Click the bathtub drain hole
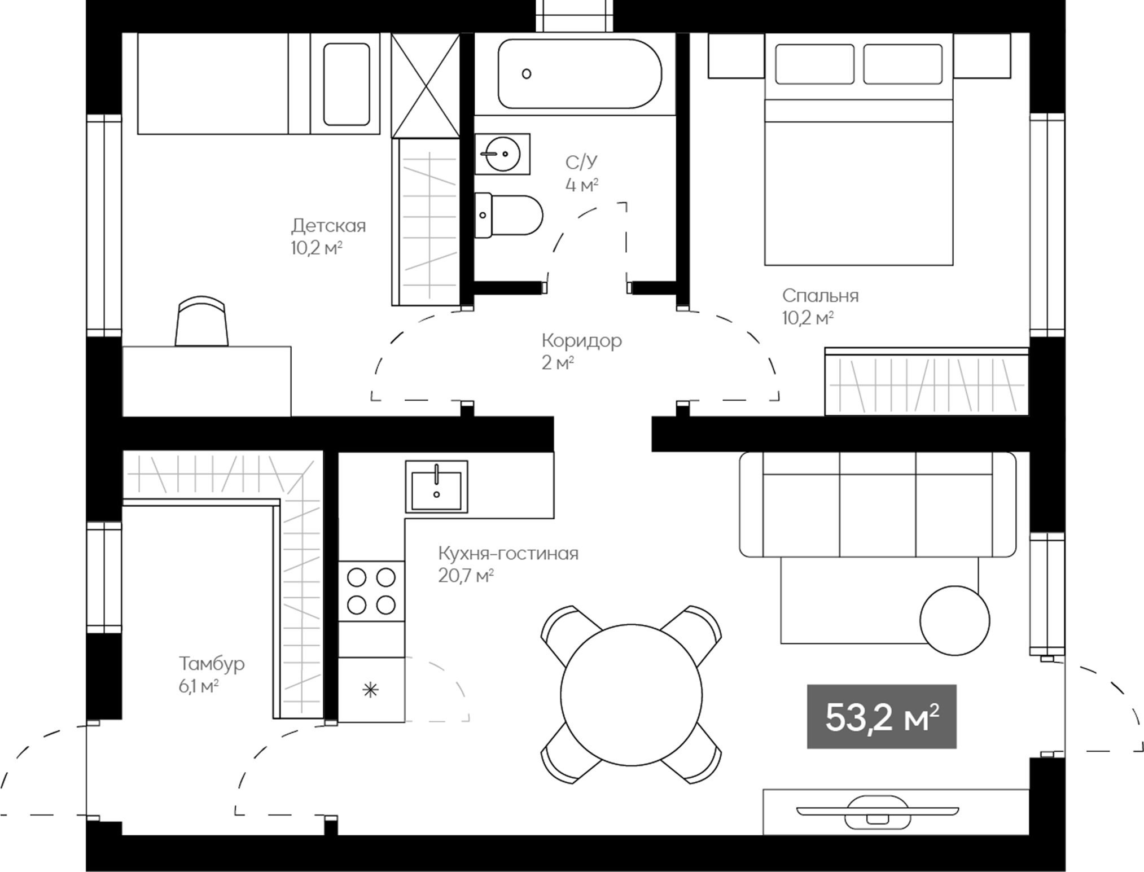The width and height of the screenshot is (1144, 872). [527, 74]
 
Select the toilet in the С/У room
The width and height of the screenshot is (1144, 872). [509, 215]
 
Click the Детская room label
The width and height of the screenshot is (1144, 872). [328, 226]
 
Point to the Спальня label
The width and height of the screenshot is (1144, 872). [820, 296]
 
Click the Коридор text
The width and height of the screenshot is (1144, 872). [581, 341]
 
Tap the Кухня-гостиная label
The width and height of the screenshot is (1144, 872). [508, 554]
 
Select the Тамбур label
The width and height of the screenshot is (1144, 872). [212, 664]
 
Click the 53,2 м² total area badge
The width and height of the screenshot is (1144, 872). [882, 717]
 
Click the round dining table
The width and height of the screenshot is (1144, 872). [631, 695]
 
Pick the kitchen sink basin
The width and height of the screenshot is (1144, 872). [436, 487]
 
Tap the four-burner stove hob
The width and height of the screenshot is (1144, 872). [371, 591]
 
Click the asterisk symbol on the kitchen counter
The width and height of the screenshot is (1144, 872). [370, 690]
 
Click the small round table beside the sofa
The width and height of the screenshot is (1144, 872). [954, 620]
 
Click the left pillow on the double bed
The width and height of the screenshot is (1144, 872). [814, 64]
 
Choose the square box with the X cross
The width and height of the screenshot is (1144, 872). [426, 85]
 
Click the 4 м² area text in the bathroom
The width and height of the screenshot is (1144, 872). [581, 185]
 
